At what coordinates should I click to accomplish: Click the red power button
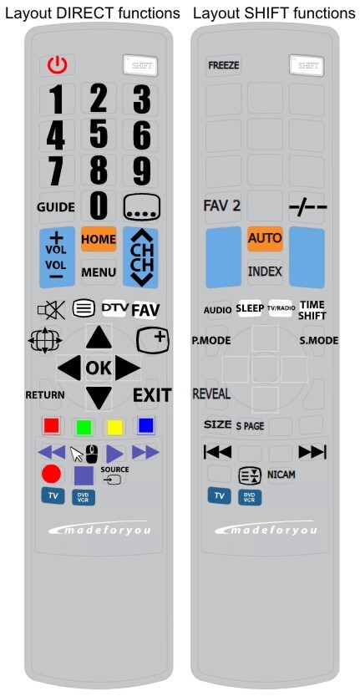58,66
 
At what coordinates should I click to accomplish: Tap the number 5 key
99,134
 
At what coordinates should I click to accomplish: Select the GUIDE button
55,207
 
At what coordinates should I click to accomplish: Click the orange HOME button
99,239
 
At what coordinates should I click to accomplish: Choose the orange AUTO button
265,238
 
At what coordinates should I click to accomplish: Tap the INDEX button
265,272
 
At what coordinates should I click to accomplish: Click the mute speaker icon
51,309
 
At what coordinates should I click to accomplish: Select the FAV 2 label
222,206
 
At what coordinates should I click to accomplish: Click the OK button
99,368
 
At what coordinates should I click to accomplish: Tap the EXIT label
152,395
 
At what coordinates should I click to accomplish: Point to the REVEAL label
211,394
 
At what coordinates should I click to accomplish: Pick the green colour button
84,427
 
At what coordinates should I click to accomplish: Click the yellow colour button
114,427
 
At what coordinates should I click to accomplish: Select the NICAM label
281,475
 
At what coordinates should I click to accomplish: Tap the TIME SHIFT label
312,310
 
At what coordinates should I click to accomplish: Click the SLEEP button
250,308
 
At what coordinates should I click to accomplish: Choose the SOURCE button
114,475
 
